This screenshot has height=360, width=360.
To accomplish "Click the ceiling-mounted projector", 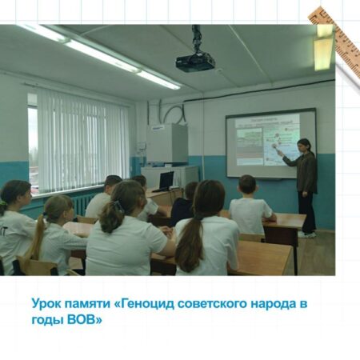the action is click(x=195, y=62).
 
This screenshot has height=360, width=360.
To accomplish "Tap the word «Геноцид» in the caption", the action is click(x=144, y=304).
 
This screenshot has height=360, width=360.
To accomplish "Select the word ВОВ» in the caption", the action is click(x=85, y=320).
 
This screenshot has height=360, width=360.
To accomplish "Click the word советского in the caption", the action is click(x=212, y=304).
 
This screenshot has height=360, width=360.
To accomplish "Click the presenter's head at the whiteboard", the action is click(x=304, y=146).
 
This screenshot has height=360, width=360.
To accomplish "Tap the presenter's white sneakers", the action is click(x=307, y=234).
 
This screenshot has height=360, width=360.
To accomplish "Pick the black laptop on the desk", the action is click(x=165, y=182).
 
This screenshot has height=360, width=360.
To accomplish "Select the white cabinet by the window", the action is click(x=167, y=143).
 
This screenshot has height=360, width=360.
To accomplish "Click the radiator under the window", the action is click(x=82, y=204).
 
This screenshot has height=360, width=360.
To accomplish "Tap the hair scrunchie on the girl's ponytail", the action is click(x=118, y=206).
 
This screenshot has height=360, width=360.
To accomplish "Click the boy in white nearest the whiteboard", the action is click(x=250, y=206).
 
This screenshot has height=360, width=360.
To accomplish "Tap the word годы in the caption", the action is click(x=47, y=320).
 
